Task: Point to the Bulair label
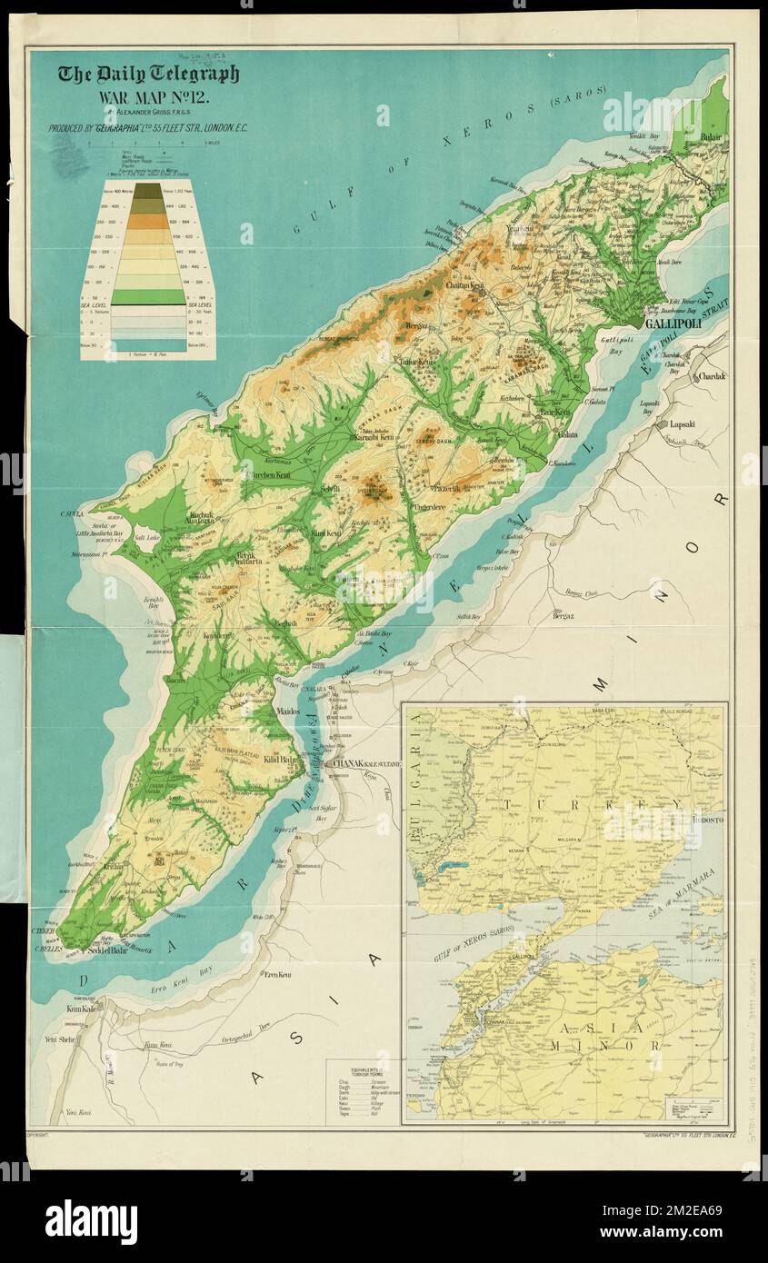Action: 710,136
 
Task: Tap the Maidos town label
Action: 287,711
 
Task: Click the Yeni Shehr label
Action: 58,1039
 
